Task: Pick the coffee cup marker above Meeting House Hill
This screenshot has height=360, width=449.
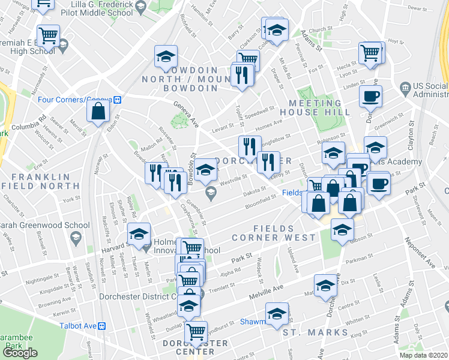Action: [x=370, y=95]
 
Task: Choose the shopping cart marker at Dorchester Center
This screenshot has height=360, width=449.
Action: [x=196, y=331]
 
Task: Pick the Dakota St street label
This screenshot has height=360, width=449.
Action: [x=255, y=191]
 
